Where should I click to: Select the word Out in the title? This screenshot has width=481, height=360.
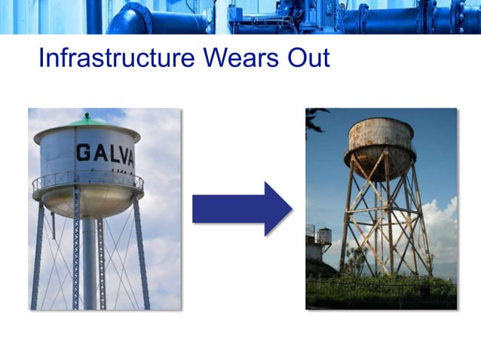pyautogui.click(x=305, y=58)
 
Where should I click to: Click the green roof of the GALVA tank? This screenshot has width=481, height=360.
pyautogui.click(x=87, y=124)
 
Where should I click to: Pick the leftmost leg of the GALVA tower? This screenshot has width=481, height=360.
pyautogui.click(x=37, y=256)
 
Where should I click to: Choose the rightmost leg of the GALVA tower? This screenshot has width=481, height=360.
pyautogui.click(x=142, y=256)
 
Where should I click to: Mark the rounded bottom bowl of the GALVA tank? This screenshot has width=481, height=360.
pyautogui.click(x=87, y=202)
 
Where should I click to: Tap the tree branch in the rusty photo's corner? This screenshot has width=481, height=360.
pyautogui.click(x=315, y=117)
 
